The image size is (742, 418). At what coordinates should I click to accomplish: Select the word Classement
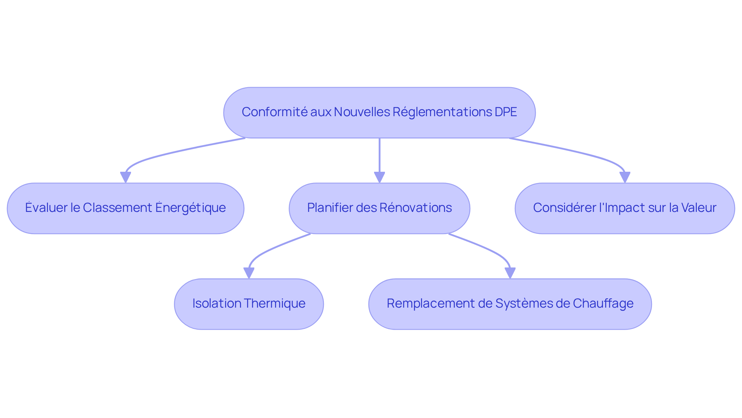tap(117, 208)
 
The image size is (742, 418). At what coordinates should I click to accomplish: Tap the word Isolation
tap(217, 303)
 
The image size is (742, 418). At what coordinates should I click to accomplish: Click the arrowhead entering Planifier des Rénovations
tap(380, 178)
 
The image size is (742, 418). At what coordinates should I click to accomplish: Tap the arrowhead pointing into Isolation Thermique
tap(249, 273)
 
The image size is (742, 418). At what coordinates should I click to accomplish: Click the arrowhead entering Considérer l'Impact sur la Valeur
tap(625, 178)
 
